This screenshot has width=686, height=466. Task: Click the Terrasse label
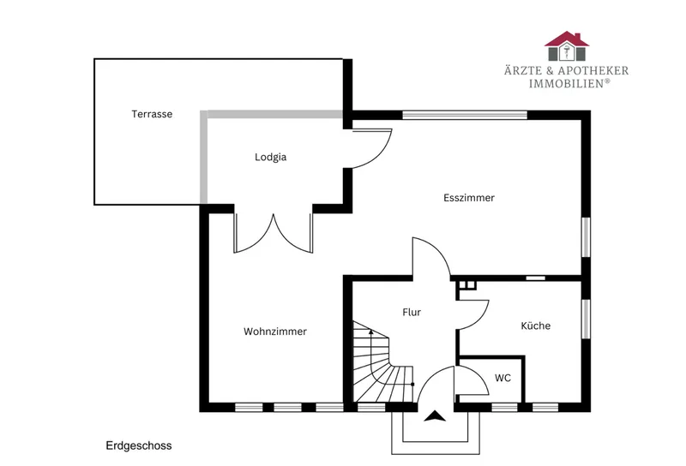(152, 114)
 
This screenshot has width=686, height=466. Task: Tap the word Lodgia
(270, 157)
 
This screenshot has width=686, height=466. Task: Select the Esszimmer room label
(469, 198)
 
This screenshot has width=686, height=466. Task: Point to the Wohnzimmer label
(275, 332)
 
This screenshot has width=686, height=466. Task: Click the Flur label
(412, 312)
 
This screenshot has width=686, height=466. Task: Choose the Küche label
(535, 326)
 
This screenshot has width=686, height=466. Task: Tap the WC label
(502, 378)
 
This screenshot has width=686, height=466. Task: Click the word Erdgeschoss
(139, 446)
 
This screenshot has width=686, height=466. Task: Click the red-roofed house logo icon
(567, 46)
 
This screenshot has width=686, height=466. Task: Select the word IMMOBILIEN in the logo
(567, 83)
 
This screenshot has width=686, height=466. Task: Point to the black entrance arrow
(435, 416)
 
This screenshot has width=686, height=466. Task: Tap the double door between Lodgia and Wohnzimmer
(274, 233)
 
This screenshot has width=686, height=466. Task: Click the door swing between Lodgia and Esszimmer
(382, 153)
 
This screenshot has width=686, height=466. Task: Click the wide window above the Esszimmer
(465, 115)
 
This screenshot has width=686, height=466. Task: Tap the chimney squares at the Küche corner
(467, 284)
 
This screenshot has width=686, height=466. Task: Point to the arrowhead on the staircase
(371, 332)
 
